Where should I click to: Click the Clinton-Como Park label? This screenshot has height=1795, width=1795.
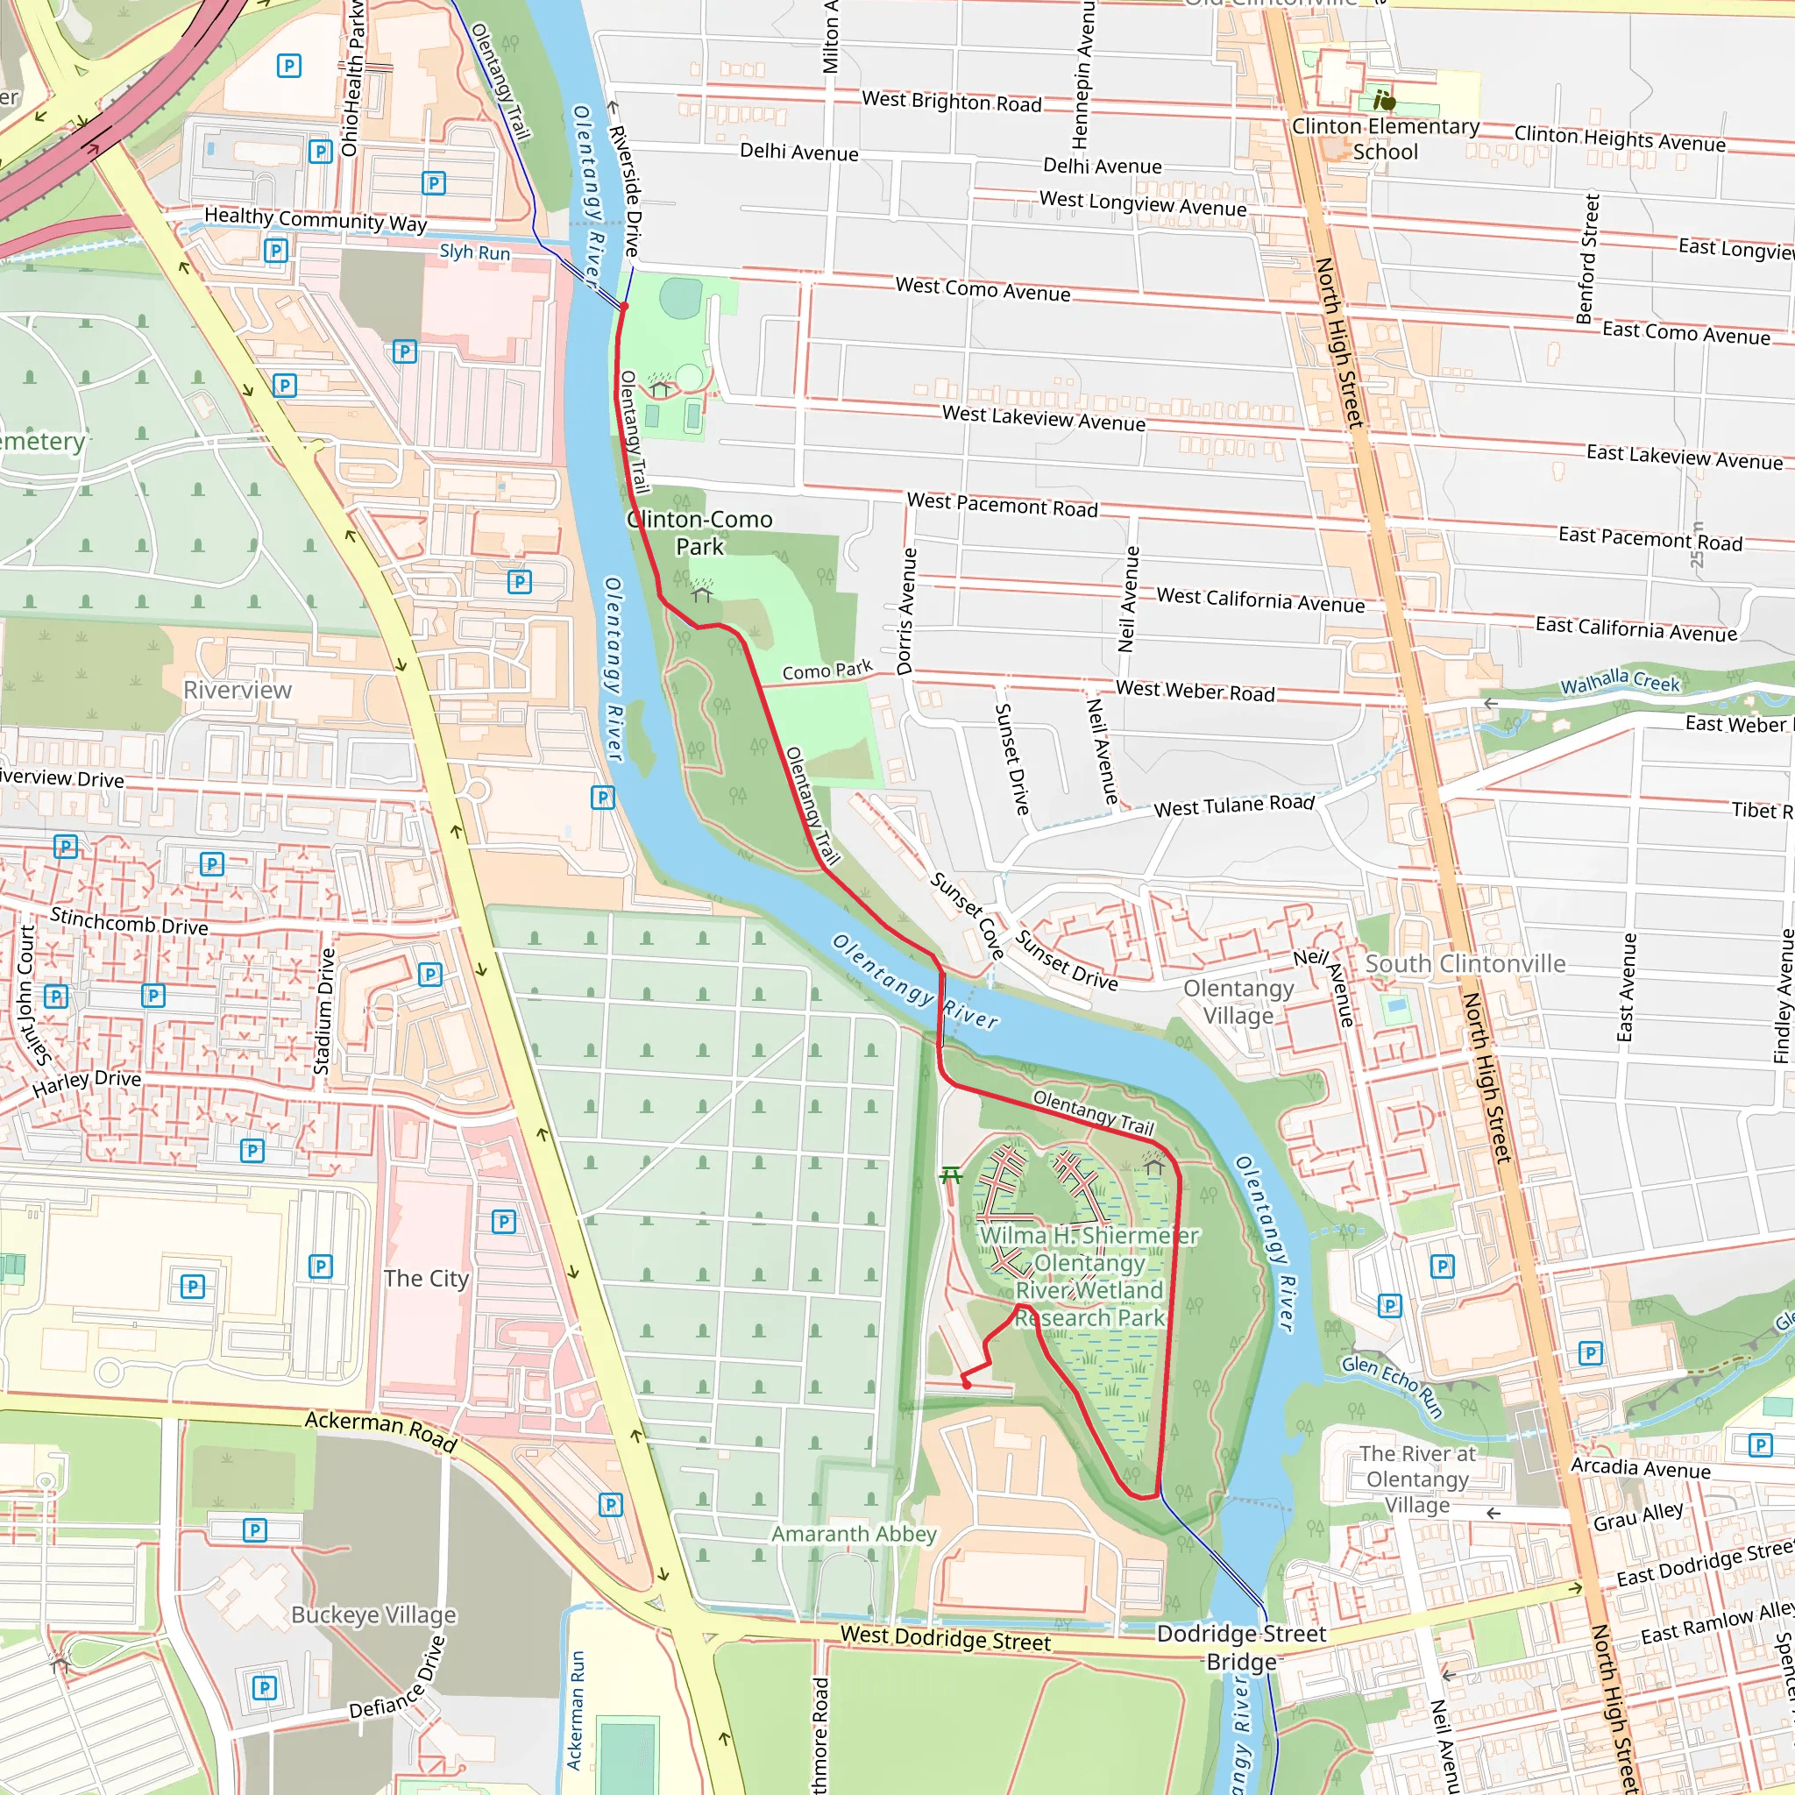699,532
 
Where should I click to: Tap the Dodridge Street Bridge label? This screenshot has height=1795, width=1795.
1241,1647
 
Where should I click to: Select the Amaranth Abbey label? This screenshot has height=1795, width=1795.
853,1534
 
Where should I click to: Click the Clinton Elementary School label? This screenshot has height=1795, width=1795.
1386,138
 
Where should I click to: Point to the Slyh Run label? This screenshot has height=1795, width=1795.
475,252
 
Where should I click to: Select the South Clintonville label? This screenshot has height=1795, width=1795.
1465,963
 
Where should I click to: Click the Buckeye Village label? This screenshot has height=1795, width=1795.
373,1614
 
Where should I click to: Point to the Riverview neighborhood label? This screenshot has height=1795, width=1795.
237,691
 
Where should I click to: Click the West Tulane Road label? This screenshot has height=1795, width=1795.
1234,805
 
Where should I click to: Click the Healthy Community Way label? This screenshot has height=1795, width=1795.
316,219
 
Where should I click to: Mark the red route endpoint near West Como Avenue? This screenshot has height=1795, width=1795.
624,306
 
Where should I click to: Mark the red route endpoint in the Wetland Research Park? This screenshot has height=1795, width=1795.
966,1384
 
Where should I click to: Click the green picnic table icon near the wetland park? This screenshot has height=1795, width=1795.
949,1176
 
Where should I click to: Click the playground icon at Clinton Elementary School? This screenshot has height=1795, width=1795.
1384,98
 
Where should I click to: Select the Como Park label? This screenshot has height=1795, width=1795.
827,670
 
